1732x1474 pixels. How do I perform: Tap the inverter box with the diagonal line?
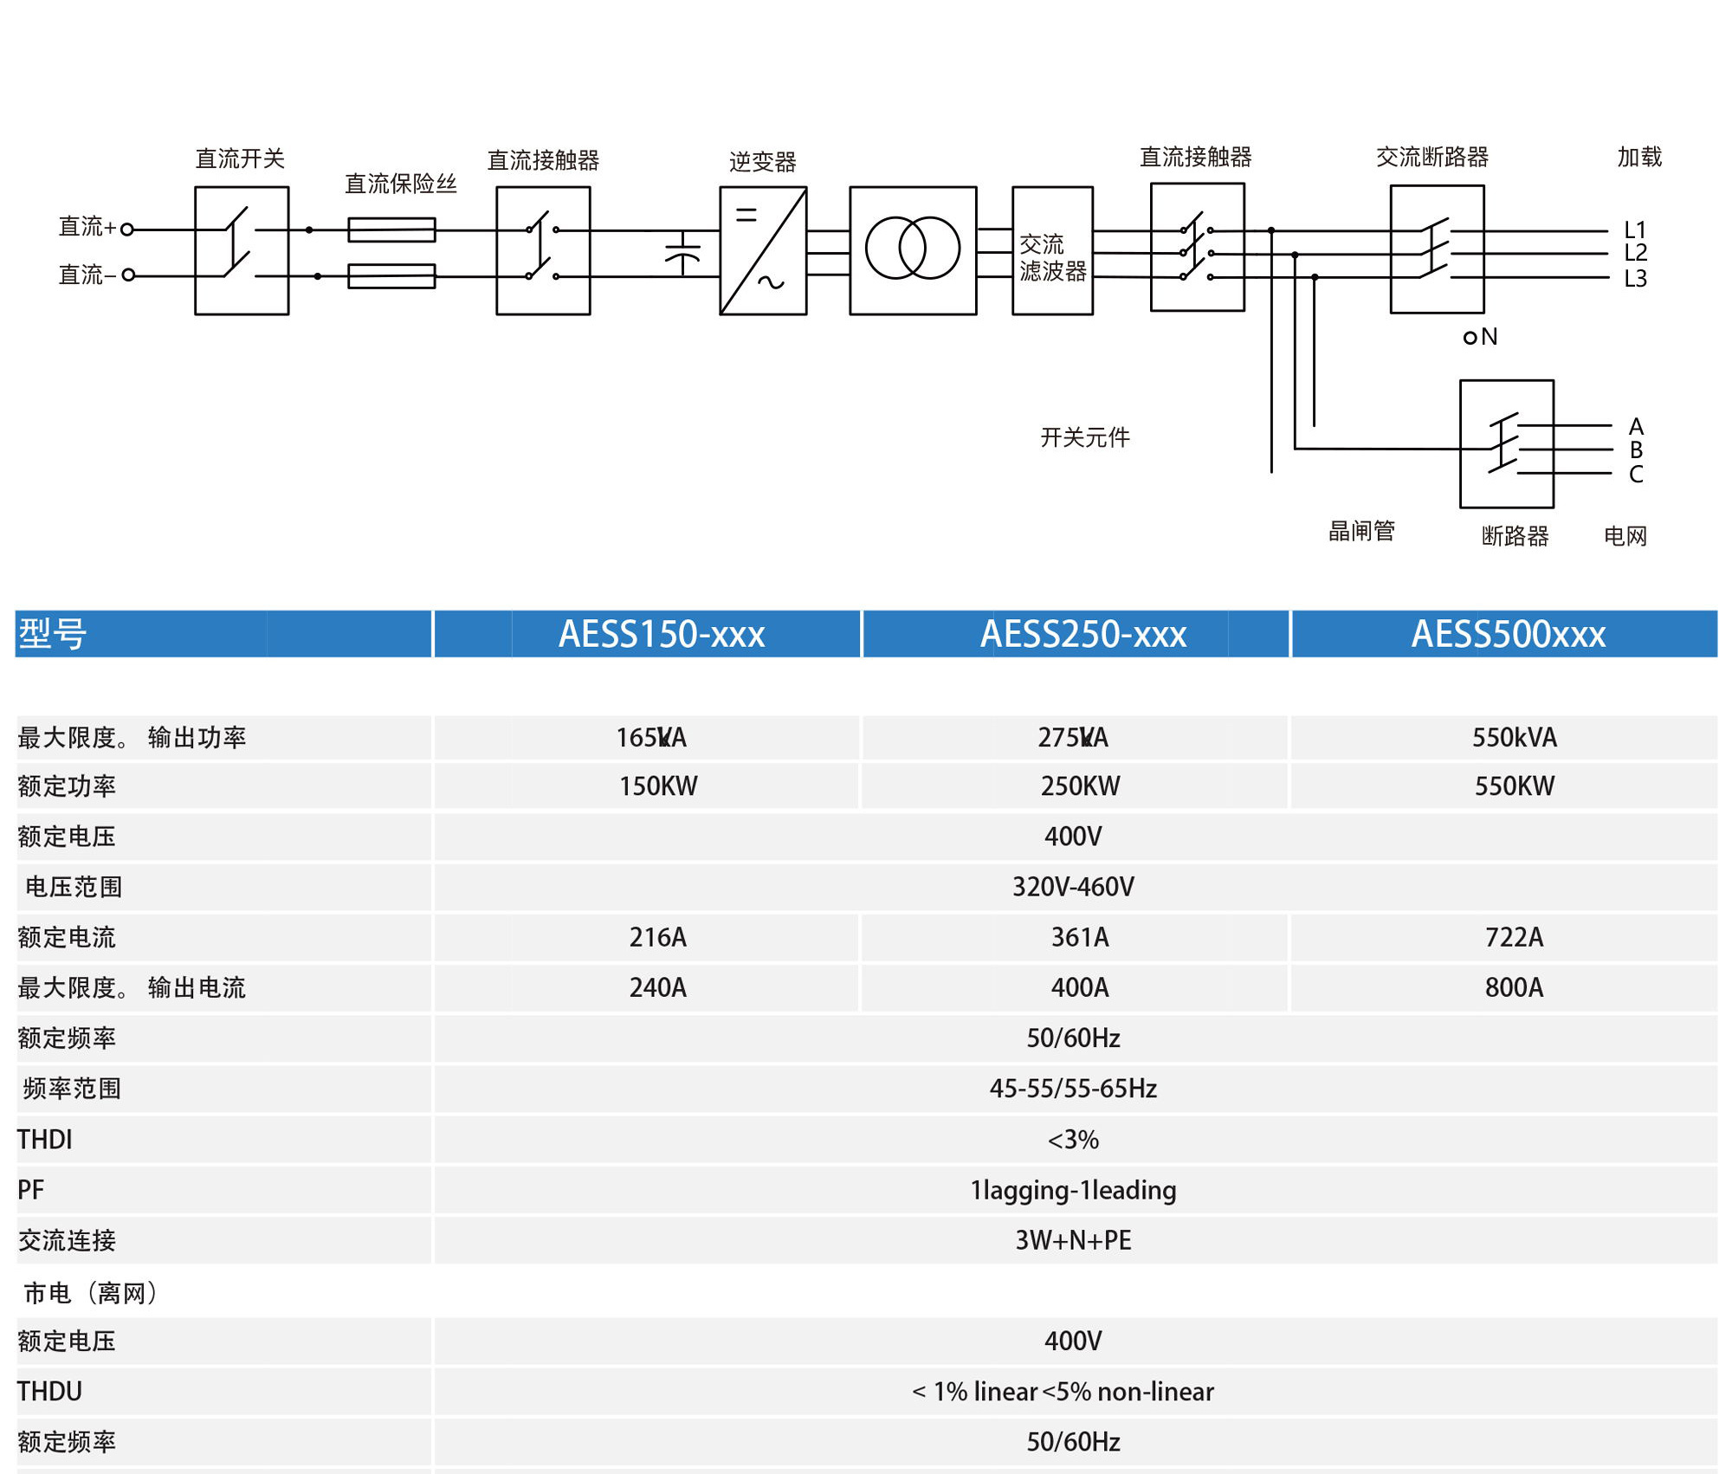[x=763, y=250]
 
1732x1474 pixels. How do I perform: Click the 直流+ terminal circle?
[x=127, y=230]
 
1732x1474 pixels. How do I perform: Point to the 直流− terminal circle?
[x=128, y=275]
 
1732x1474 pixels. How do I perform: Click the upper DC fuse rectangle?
[x=391, y=230]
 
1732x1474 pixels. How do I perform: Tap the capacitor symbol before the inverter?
[x=682, y=253]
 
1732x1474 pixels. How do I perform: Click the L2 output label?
[x=1635, y=253]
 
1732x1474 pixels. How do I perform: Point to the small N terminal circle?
[x=1470, y=338]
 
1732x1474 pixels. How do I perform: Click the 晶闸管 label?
[x=1361, y=531]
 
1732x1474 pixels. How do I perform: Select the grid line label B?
[x=1636, y=450]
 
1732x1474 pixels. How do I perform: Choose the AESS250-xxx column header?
[x=1082, y=634]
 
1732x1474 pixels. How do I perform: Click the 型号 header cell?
[x=52, y=634]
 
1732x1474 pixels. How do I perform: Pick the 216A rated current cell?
[x=658, y=937]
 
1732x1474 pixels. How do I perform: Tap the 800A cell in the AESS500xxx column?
[x=1514, y=987]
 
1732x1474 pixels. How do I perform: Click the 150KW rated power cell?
[x=658, y=786]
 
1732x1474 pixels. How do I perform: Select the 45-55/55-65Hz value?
[x=1073, y=1089]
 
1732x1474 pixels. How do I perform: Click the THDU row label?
[x=49, y=1391]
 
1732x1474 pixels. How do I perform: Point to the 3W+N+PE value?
[x=1073, y=1240]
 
